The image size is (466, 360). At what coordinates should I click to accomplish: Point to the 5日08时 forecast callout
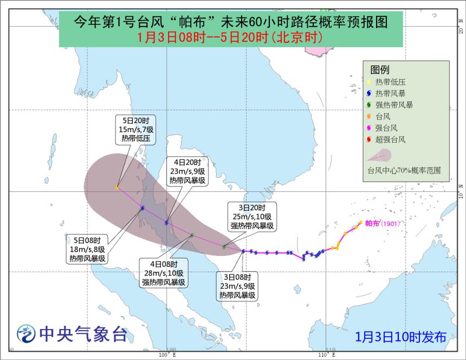[x=87, y=249]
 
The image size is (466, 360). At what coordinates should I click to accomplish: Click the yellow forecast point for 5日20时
[x=117, y=187]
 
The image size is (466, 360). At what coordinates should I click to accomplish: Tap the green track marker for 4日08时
[x=192, y=235]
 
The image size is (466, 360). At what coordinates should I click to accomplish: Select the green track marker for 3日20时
[x=224, y=247]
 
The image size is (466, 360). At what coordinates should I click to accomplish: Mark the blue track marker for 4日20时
[x=166, y=222]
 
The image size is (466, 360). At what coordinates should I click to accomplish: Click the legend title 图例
[x=380, y=70]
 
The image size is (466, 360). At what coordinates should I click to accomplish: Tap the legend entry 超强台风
[x=390, y=140]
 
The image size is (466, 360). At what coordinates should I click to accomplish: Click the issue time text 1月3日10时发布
[x=402, y=336]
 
